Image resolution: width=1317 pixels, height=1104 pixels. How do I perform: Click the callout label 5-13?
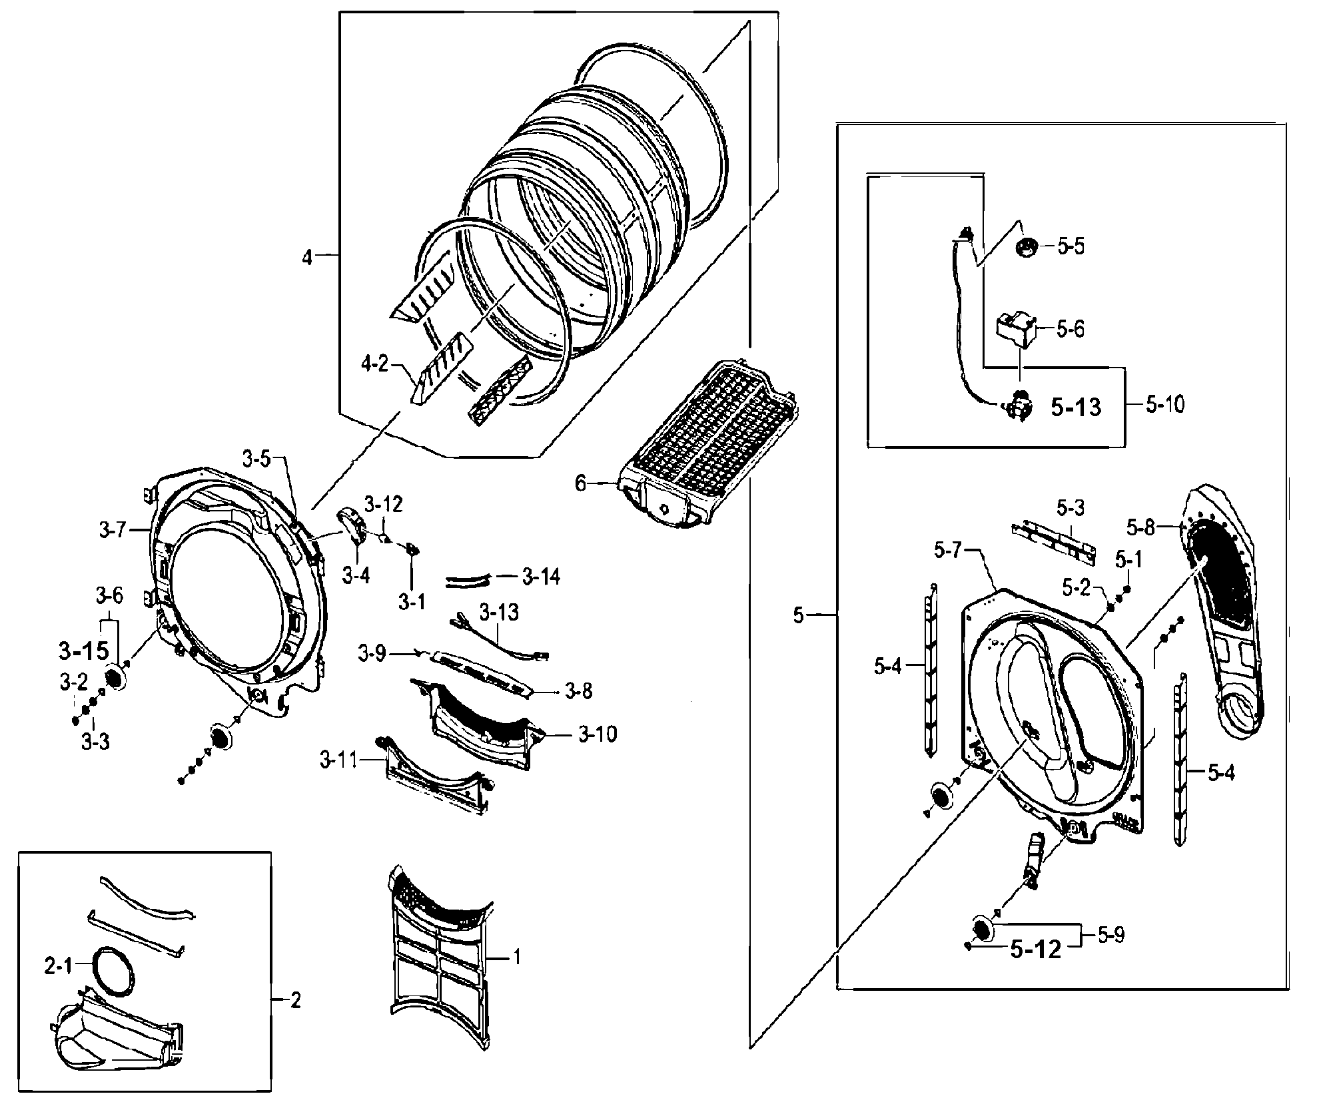(1076, 407)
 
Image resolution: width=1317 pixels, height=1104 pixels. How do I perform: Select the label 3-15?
(83, 651)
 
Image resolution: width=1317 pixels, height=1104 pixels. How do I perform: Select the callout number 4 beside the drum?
(307, 257)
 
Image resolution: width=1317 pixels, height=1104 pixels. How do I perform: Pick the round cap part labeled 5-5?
(1027, 247)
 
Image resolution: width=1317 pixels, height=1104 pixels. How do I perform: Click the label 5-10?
(1165, 404)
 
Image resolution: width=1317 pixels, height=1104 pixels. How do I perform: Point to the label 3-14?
(540, 576)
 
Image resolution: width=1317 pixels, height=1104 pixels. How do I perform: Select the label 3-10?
(597, 734)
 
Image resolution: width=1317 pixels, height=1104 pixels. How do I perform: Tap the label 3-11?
(339, 760)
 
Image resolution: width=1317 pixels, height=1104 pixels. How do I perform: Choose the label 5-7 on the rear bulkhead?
(948, 550)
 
